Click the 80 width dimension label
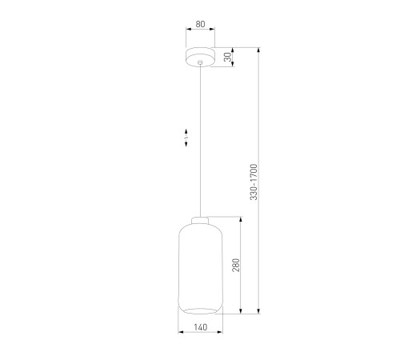coord(200,24)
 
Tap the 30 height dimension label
coord(228,57)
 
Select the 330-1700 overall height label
coord(254,182)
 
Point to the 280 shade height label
coord(236,265)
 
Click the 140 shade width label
coord(200,327)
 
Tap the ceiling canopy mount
coord(200,57)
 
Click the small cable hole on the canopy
coord(200,62)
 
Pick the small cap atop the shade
coord(200,221)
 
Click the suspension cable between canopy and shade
coord(200,141)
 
